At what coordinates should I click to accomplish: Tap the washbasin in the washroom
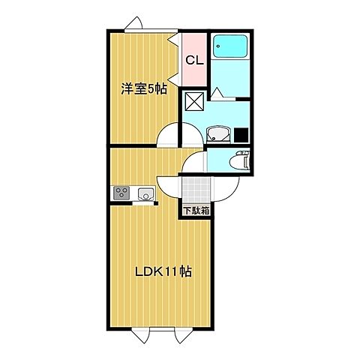218,135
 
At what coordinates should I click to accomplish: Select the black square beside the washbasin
241,136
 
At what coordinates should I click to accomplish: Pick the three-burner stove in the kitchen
122,194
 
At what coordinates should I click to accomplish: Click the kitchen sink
145,195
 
